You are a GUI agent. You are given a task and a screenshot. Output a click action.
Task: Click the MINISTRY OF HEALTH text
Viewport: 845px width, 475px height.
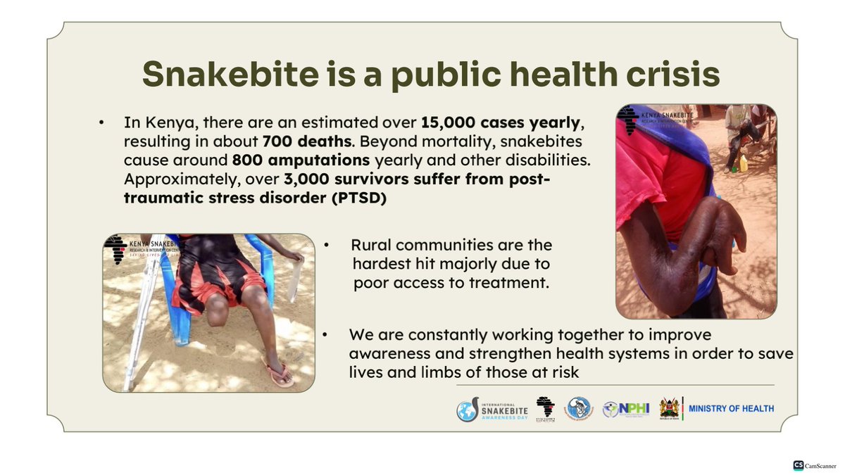pyautogui.click(x=731, y=408)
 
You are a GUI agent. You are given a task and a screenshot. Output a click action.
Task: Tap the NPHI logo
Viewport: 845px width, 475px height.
pyautogui.click(x=625, y=409)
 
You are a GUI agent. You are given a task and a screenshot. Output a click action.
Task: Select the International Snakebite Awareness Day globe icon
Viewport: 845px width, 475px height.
pyautogui.click(x=467, y=411)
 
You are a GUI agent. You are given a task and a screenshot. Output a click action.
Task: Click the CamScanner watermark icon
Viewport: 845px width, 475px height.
pyautogui.click(x=798, y=465)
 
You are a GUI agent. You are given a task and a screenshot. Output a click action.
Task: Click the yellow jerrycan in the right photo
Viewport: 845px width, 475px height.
pyautogui.click(x=743, y=163)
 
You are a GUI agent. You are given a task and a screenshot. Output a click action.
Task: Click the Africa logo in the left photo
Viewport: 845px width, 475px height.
pyautogui.click(x=115, y=248)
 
